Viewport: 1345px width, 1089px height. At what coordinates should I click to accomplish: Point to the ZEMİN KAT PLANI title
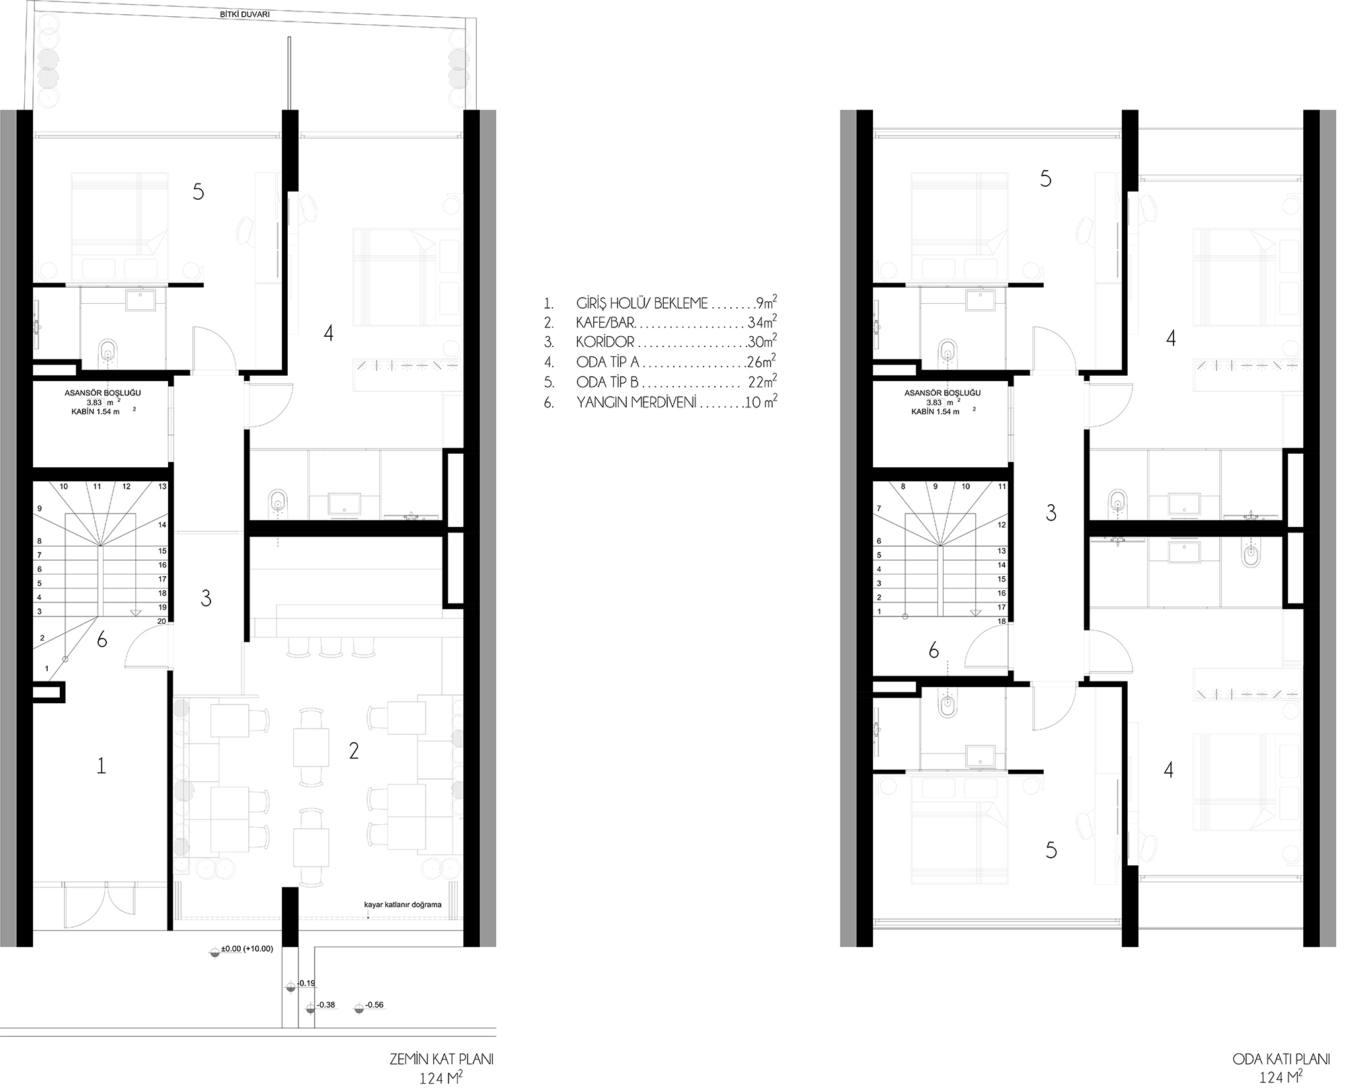442,1059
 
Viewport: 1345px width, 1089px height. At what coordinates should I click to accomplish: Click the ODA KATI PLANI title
1281,1059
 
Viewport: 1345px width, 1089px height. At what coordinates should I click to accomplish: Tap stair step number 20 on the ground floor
161,621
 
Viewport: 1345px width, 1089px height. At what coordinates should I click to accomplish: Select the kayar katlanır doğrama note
403,904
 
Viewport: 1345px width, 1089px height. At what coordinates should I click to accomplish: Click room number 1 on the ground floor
102,765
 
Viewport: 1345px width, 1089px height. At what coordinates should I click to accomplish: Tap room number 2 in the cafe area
354,751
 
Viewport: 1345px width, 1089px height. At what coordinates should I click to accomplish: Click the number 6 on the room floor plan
933,650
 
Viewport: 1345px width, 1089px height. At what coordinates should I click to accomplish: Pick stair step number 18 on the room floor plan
1002,621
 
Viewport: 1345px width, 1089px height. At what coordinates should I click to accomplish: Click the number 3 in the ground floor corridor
206,598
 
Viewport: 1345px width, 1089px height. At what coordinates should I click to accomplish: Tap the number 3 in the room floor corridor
1051,514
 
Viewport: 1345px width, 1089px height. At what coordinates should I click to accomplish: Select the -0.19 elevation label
306,983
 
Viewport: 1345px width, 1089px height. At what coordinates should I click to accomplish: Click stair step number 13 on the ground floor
162,486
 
